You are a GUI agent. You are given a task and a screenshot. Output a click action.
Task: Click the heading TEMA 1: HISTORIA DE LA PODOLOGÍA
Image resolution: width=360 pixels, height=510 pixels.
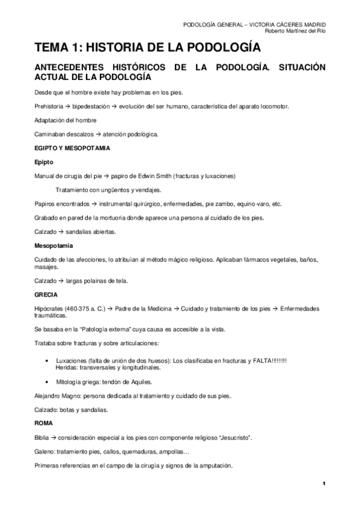(x=147, y=48)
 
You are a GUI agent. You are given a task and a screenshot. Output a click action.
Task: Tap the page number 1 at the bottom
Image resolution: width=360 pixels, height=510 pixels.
(x=323, y=484)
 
